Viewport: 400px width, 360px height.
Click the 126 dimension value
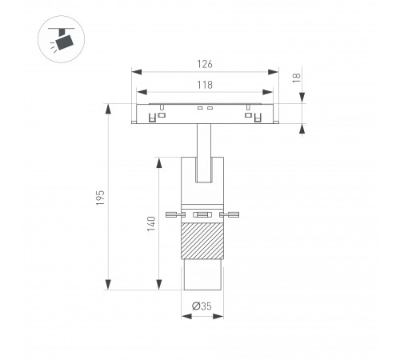click(205, 64)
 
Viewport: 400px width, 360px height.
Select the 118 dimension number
click(205, 85)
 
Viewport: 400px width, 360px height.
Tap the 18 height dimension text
click(297, 78)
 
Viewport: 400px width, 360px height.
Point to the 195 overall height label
click(100, 198)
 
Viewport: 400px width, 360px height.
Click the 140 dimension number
click(151, 224)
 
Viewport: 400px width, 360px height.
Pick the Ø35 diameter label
click(202, 306)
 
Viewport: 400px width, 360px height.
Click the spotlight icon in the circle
click(61, 39)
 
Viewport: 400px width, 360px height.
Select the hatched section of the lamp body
click(202, 241)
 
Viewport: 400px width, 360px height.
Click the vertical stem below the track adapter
click(204, 153)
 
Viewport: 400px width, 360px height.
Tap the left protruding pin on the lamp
click(175, 214)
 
